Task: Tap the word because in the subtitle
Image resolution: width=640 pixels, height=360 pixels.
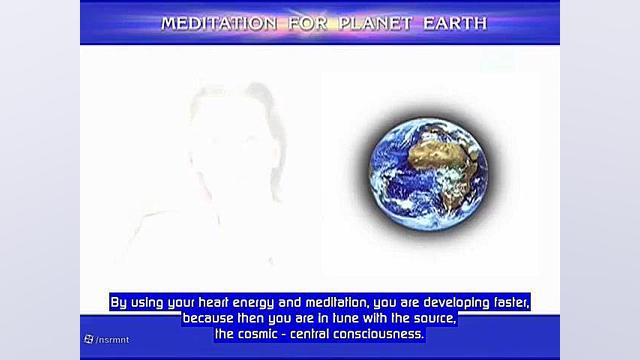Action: pos(210,318)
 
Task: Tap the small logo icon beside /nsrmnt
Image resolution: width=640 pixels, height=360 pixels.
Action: pos(89,340)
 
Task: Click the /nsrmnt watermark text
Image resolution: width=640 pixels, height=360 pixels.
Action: pos(113,340)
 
